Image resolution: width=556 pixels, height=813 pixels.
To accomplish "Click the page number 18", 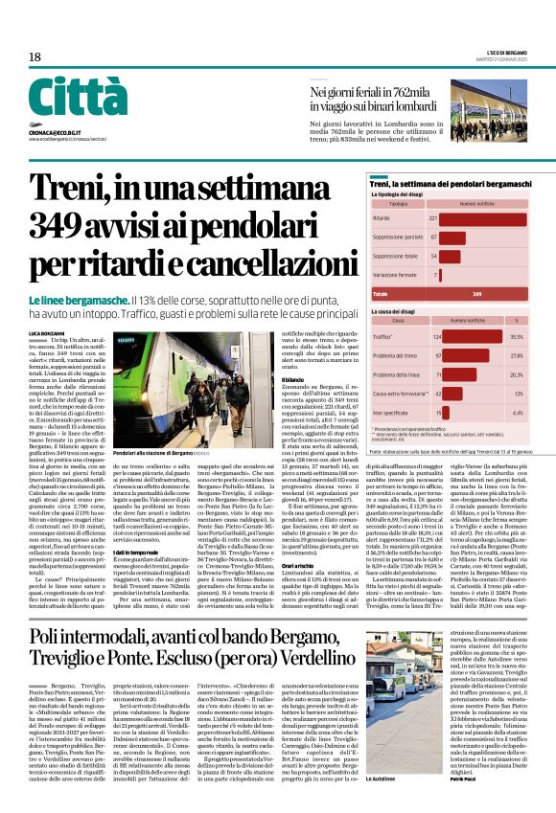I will pos(35,57).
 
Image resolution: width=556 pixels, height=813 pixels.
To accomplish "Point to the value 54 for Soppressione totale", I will pos(433,257).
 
